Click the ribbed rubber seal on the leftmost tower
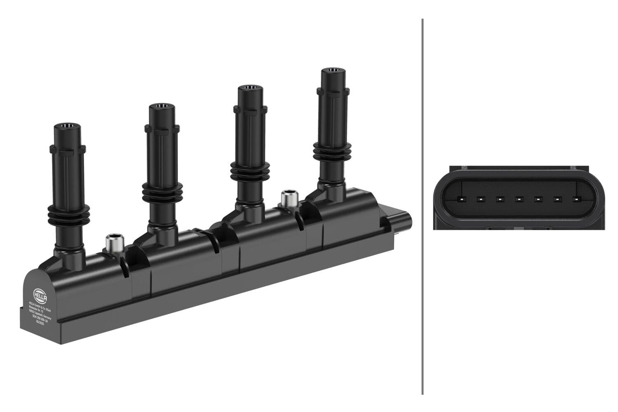tap(68, 211)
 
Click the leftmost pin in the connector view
tap(460, 199)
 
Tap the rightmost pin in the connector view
tap(576, 199)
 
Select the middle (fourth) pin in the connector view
tap(518, 199)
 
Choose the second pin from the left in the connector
tap(480, 199)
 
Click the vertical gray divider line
tap(423, 206)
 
